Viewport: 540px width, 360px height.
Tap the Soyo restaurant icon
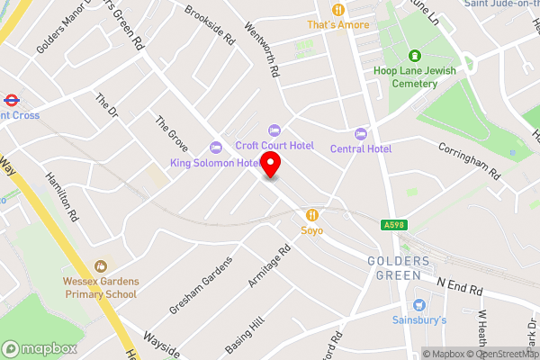(312, 214)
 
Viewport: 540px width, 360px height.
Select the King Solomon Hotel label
(216, 163)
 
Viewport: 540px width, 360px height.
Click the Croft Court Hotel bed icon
(275, 130)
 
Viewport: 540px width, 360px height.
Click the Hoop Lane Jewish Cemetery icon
(414, 56)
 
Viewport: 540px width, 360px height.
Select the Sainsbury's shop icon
(418, 304)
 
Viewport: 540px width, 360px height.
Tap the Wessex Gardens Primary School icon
(99, 266)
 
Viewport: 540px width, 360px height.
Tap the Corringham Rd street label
(468, 159)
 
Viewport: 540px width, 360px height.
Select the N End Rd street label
(461, 290)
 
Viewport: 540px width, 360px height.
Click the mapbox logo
(39, 348)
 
